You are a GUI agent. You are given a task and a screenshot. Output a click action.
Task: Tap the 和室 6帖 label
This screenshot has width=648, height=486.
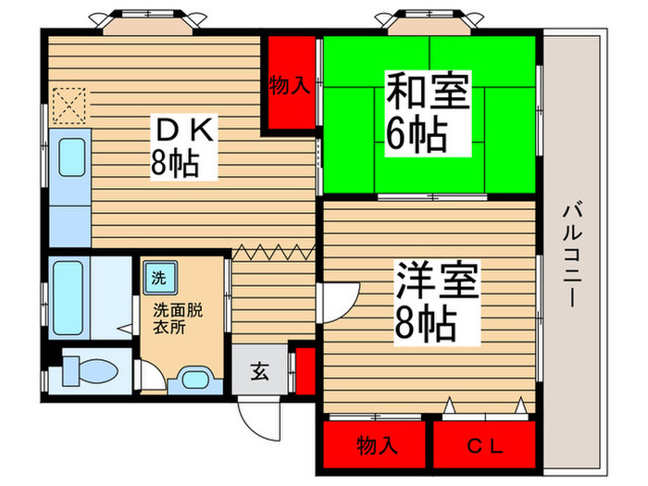[x=428, y=114]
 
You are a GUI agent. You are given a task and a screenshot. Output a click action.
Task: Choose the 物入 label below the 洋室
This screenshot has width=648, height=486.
[x=378, y=446]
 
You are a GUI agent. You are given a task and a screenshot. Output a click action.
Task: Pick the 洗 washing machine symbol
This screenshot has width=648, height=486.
[x=157, y=275]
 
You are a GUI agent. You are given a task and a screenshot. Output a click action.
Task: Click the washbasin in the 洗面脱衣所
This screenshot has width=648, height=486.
[x=194, y=379]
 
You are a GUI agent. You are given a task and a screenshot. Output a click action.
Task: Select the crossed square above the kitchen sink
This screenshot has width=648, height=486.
[x=69, y=104]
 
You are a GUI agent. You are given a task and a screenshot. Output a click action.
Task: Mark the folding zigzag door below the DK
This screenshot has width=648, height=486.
[x=274, y=249]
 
